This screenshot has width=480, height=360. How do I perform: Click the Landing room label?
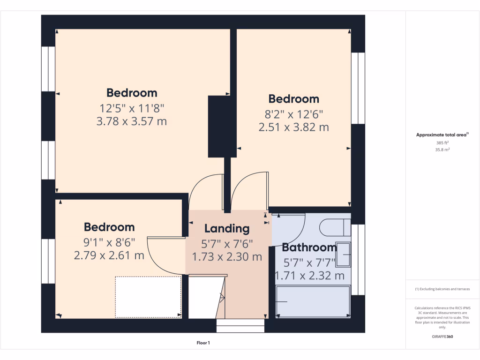(x=227, y=229)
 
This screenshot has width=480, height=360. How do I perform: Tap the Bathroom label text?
(x=309, y=247)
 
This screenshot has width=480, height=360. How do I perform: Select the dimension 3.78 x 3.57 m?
(x=132, y=122)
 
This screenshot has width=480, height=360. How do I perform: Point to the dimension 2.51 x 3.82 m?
(x=293, y=127)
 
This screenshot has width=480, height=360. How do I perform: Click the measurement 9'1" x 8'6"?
(x=109, y=242)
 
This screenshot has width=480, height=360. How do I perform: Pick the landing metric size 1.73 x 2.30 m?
(x=227, y=257)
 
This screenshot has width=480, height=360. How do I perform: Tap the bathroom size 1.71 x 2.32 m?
(x=309, y=276)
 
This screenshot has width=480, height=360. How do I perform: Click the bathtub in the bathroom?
(x=313, y=302)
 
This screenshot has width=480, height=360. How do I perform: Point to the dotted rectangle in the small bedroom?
(x=148, y=297)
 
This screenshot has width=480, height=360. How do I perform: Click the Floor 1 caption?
(x=203, y=343)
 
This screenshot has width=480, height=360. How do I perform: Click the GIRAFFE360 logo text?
(x=442, y=337)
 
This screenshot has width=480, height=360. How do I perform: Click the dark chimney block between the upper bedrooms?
(x=219, y=127)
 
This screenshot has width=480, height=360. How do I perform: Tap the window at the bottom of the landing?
(x=240, y=326)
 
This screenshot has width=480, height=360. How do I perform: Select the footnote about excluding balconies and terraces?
(x=442, y=289)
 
